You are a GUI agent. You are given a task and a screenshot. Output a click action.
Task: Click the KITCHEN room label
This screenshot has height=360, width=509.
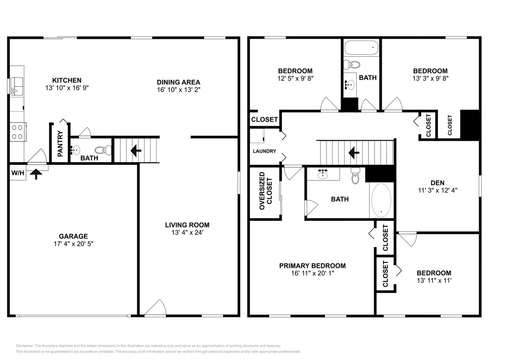point(67,80)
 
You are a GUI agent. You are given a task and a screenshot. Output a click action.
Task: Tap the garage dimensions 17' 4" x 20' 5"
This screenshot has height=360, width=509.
point(73,244)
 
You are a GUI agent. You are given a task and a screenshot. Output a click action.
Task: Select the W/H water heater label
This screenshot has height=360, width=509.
point(17,173)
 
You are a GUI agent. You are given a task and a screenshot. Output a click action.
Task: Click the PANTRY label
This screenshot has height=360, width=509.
point(60,144)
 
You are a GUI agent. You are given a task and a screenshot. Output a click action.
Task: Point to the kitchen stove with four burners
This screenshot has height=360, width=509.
point(17,132)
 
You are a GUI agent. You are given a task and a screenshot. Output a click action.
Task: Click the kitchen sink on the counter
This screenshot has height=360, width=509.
point(17,86)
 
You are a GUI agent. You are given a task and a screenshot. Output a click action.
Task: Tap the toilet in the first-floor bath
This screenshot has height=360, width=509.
point(103,150)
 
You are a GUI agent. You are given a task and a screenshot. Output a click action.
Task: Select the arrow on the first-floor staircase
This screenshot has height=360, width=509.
point(136,151)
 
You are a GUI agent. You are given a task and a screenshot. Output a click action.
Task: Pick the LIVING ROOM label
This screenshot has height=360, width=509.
point(187,225)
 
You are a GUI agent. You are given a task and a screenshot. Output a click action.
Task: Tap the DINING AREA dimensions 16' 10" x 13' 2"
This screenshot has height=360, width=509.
point(178,90)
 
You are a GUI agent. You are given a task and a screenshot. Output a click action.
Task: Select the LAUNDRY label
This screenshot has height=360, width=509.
point(264,151)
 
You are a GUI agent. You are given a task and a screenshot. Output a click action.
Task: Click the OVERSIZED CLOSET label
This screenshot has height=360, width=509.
point(265,191)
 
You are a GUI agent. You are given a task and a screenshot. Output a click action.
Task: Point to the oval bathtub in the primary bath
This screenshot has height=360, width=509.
point(381,200)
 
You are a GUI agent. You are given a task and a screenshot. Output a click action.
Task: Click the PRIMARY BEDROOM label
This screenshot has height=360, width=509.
point(312,266)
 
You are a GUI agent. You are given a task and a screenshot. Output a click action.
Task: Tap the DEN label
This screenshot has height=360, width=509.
point(438,183)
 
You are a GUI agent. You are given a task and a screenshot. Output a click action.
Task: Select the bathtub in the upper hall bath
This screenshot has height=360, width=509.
point(362,48)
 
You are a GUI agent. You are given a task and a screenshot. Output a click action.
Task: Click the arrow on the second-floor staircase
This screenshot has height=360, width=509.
point(354,153)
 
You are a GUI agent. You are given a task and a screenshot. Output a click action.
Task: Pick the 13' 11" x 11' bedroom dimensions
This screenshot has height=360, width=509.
point(434,281)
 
